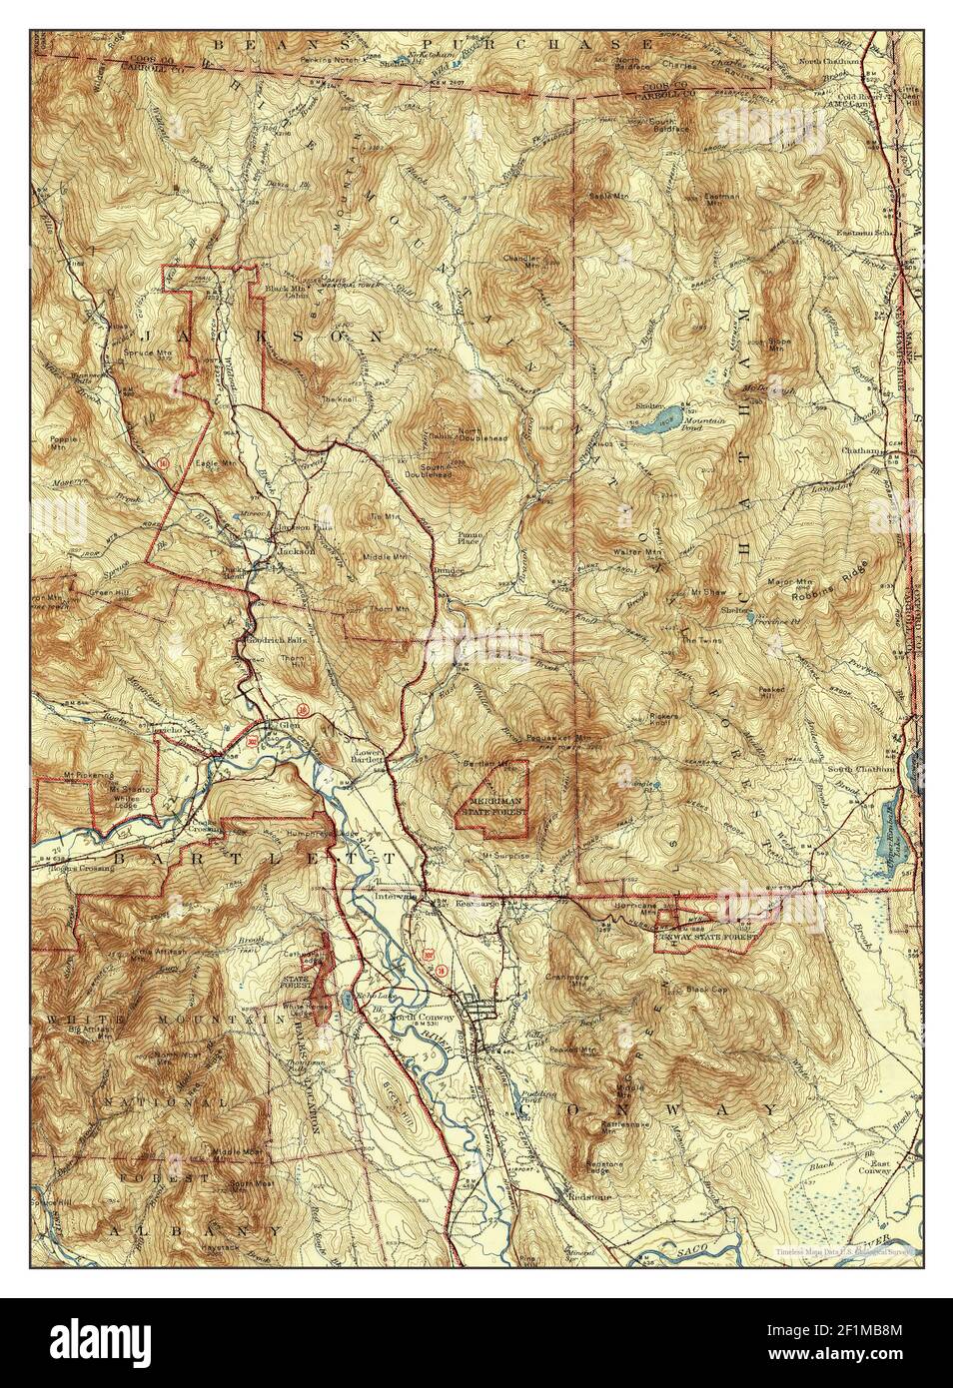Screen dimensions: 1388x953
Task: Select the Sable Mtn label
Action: coord(605,196)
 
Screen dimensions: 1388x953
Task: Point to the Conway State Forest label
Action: coord(705,938)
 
